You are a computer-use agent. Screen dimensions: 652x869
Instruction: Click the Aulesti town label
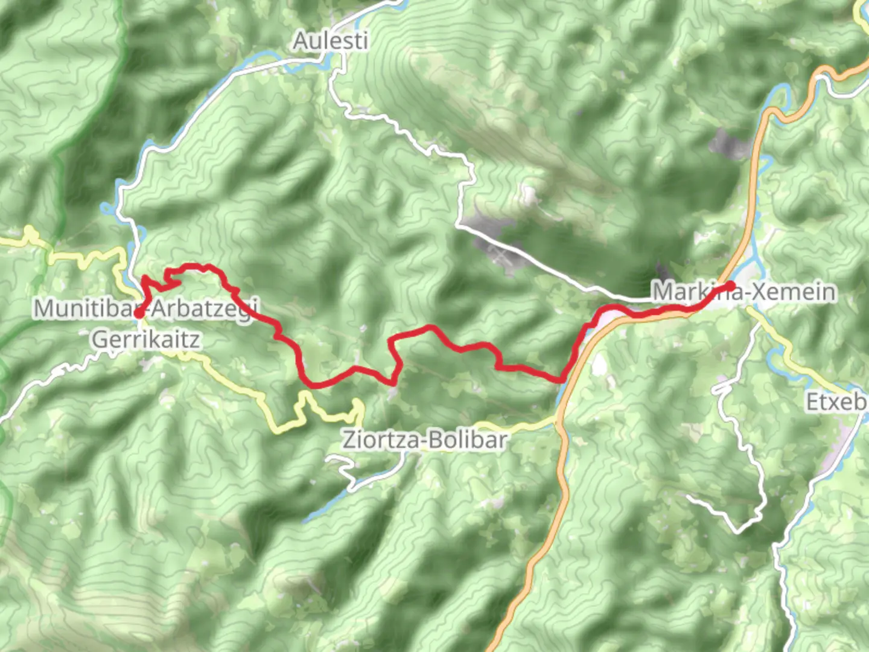(330, 41)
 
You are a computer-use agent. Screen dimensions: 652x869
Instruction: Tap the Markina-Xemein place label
(744, 292)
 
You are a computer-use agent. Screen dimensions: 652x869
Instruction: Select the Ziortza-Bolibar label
(424, 440)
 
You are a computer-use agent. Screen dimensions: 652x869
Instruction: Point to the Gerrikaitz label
(145, 339)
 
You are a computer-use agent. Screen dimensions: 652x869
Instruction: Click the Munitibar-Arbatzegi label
(145, 308)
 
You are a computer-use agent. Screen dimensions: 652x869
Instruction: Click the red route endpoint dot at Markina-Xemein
(730, 285)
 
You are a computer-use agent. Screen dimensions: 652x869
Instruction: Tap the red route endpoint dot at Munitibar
(138, 313)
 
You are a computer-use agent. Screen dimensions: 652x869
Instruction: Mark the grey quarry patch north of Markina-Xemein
(730, 145)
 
